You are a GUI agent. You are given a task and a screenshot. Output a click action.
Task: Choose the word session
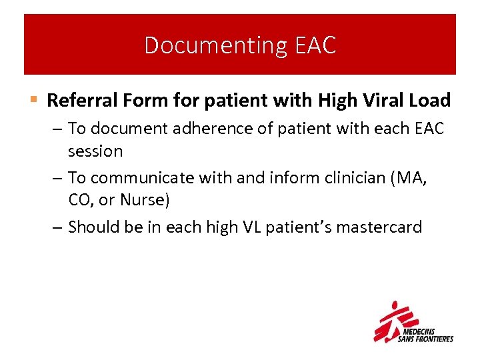point(95,151)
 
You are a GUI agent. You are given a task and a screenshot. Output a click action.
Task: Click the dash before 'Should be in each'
point(58,227)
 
